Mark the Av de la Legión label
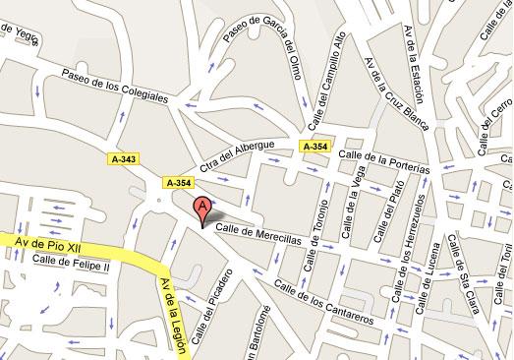173,307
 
